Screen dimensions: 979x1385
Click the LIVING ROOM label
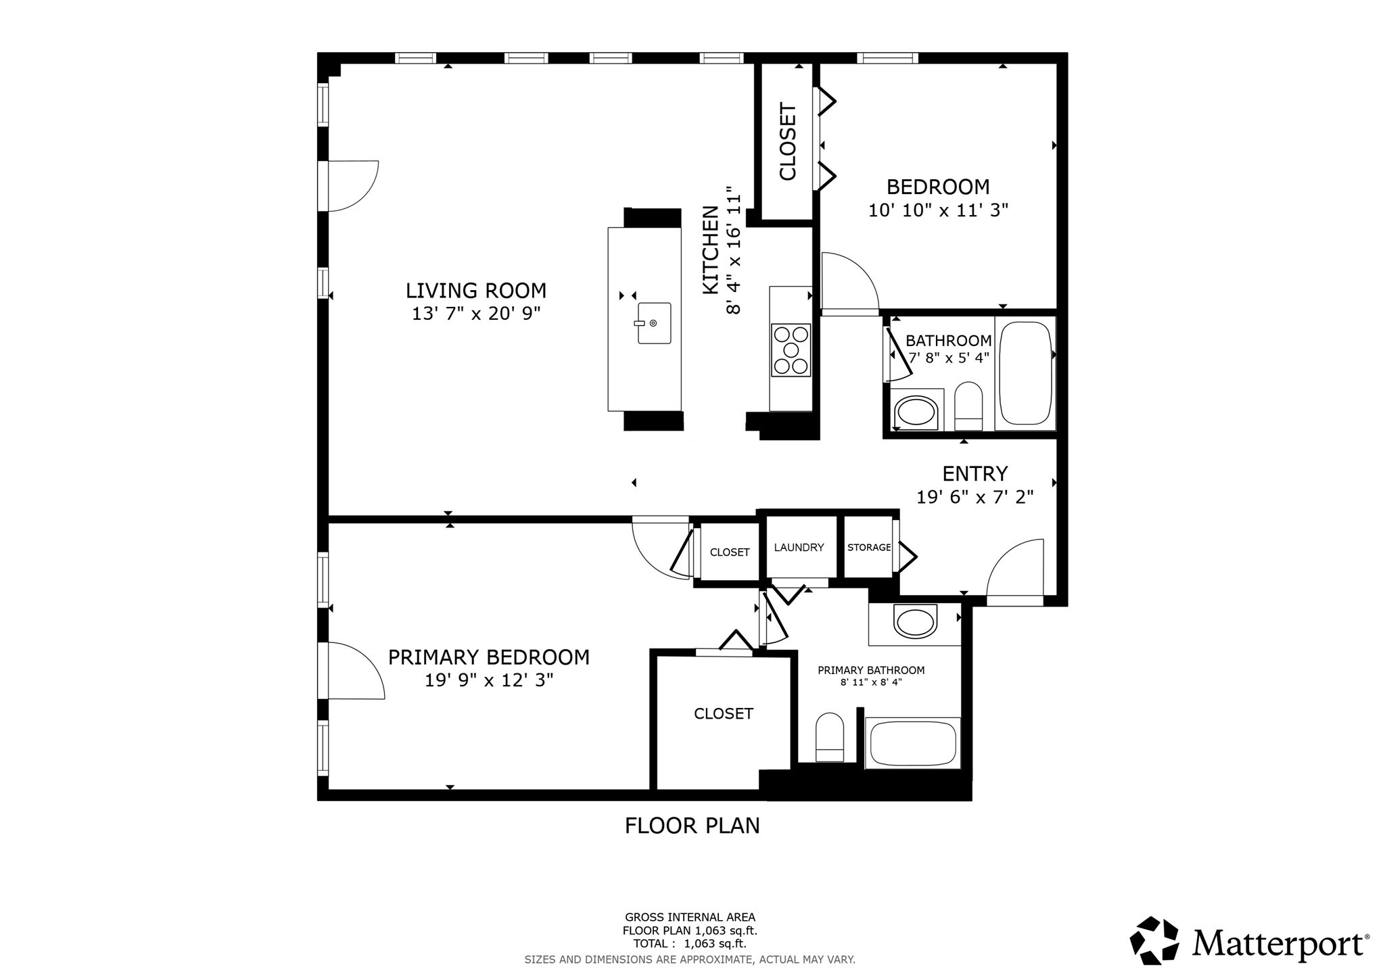[x=475, y=291]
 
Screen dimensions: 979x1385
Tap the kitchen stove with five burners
[x=791, y=350]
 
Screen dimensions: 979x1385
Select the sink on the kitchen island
[x=653, y=323]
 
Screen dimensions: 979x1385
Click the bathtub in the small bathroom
[x=1026, y=373]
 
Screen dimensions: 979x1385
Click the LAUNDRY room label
[x=799, y=548]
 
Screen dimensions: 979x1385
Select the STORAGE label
[x=869, y=548]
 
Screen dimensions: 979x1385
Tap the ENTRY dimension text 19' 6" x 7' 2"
[x=975, y=498]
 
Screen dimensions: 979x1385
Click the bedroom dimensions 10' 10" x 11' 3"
[x=938, y=210]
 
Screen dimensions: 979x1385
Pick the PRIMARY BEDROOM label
[x=488, y=657]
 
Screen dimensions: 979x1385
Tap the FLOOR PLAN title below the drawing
[x=692, y=826]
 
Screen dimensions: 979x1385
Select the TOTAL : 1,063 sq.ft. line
[x=690, y=944]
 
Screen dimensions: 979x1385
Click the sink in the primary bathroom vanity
[x=915, y=621]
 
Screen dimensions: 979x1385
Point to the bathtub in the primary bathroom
[x=913, y=743]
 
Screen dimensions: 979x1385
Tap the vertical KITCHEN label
[x=710, y=250]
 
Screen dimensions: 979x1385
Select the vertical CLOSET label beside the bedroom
[x=788, y=141]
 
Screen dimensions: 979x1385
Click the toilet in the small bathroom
[x=968, y=404]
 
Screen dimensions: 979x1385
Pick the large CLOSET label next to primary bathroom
[x=723, y=714]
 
